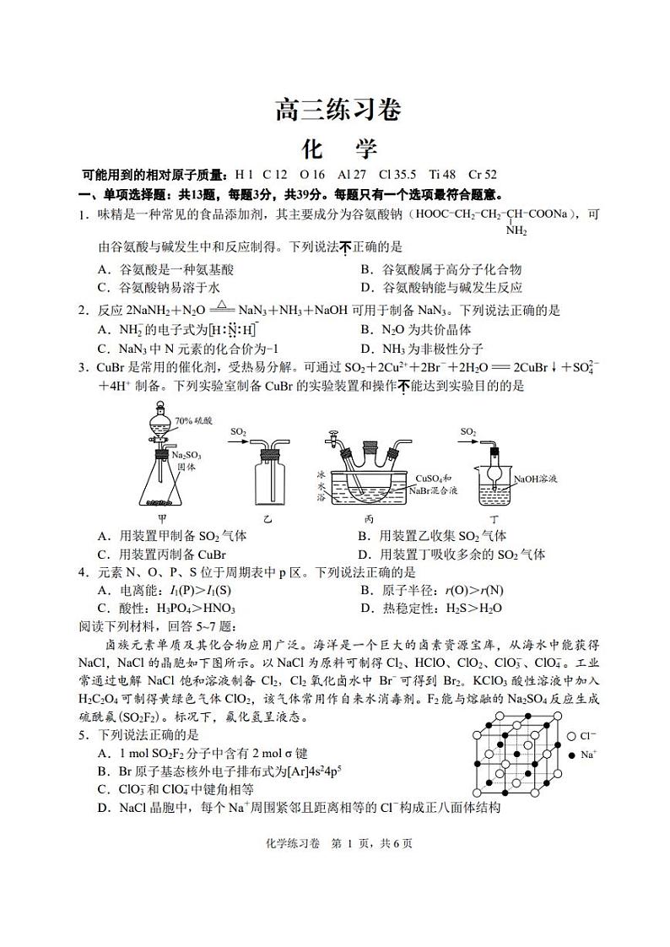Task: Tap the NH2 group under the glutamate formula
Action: [x=516, y=230]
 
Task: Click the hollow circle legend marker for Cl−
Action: [x=573, y=736]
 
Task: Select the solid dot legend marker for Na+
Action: [x=573, y=755]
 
